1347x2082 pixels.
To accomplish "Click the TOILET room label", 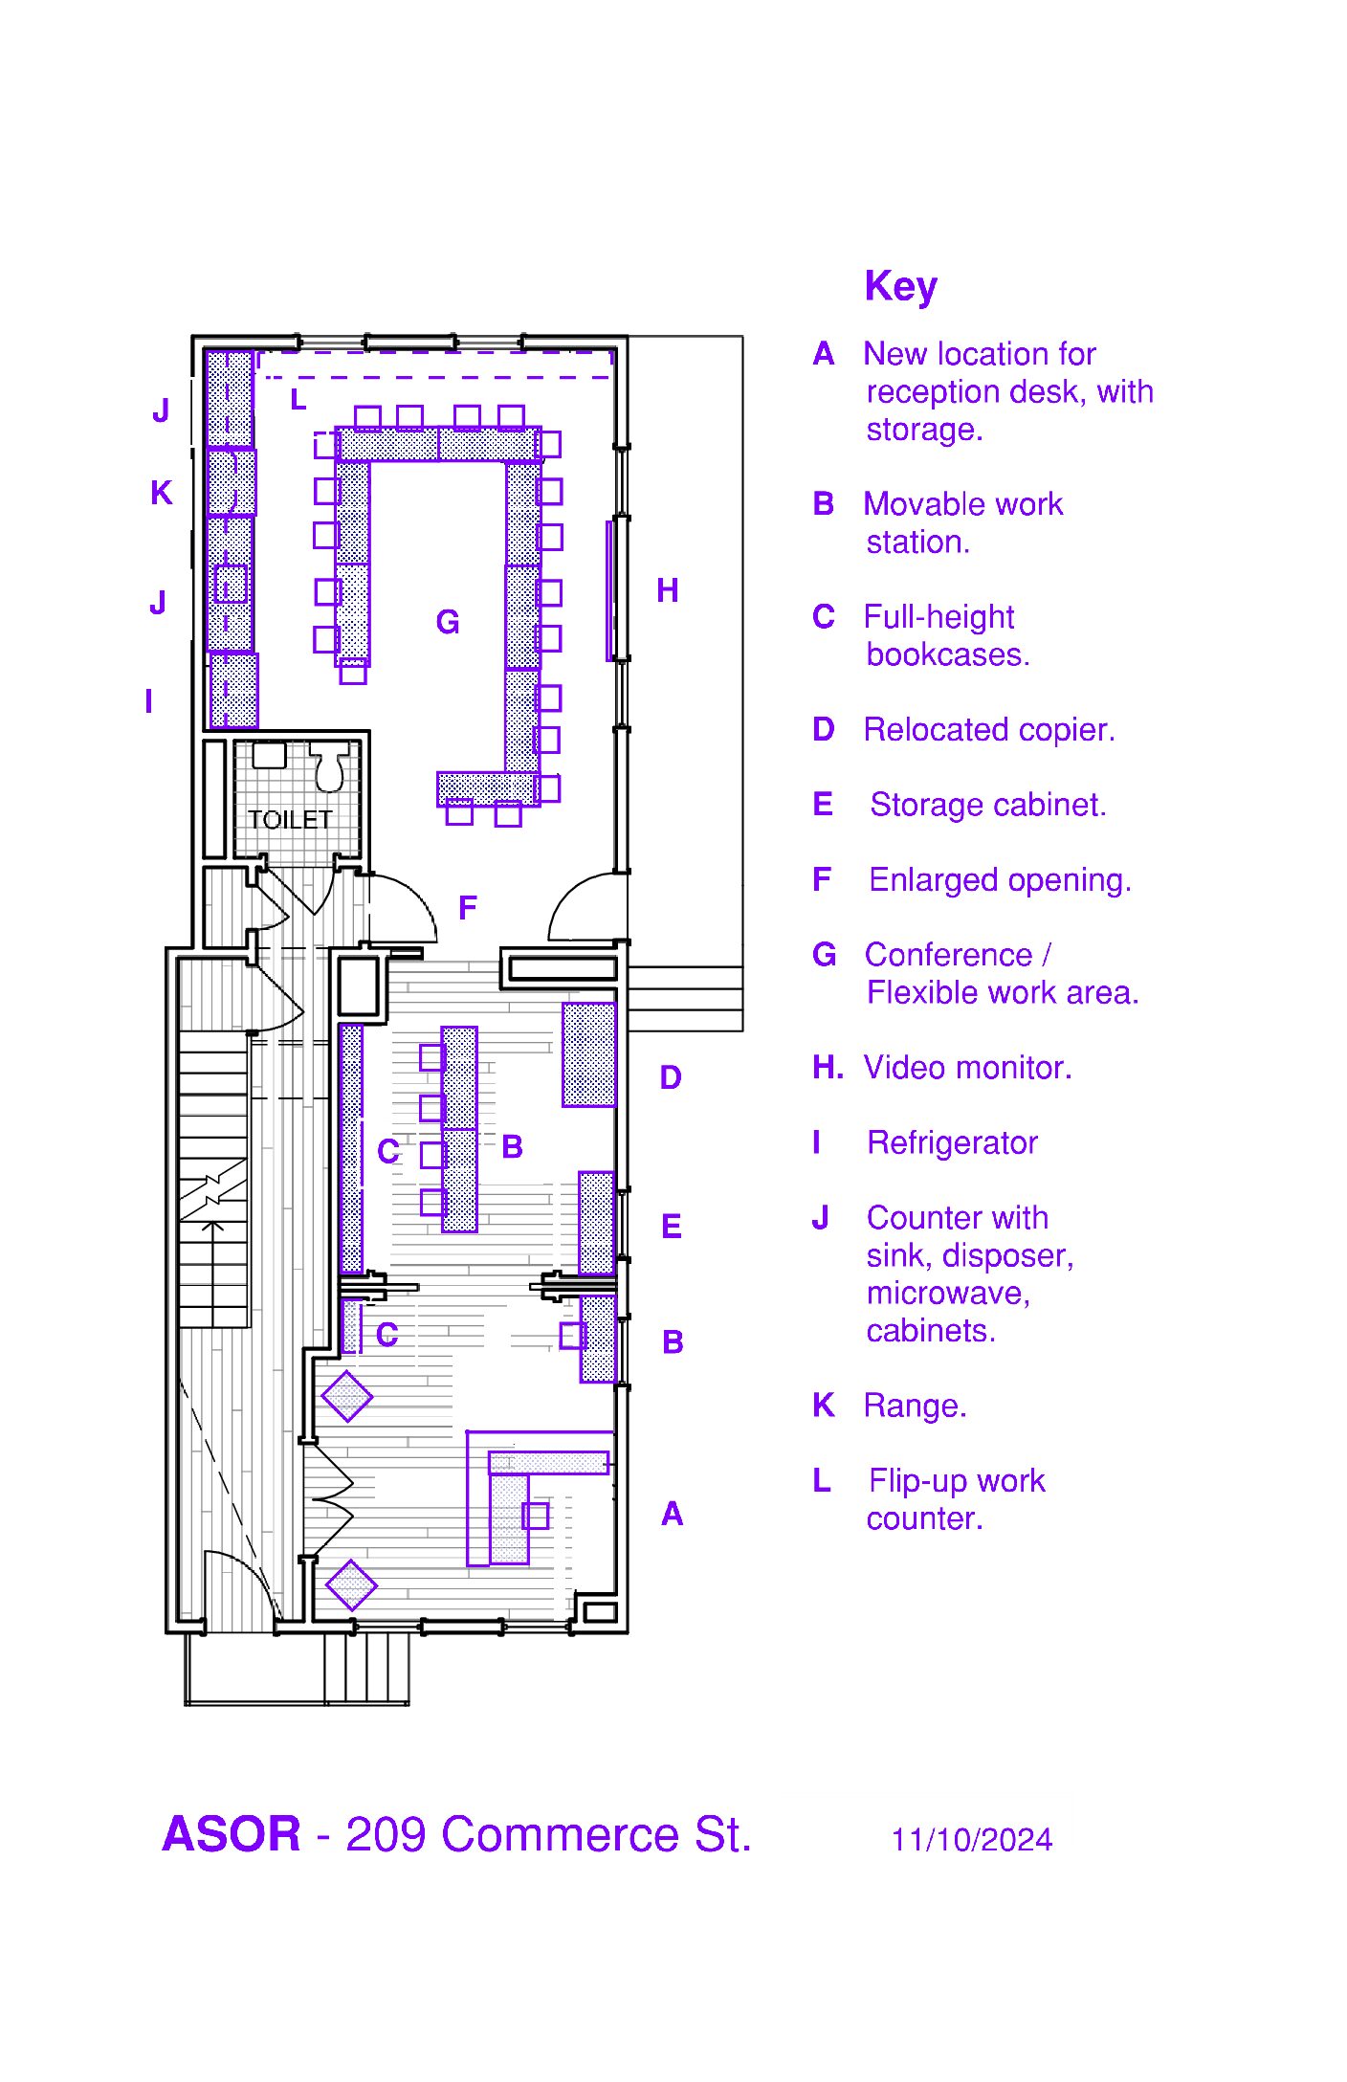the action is coord(290,820).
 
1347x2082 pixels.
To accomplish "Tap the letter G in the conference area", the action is coord(448,622).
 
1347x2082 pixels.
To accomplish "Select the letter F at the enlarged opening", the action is coord(468,907).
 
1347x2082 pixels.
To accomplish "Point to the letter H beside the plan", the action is coord(668,590).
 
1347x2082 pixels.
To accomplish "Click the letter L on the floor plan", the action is coord(298,399).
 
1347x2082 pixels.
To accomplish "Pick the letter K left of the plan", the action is coord(162,493).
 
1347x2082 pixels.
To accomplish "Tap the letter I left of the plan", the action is coord(148,701).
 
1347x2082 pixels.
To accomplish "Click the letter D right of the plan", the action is coord(671,1077).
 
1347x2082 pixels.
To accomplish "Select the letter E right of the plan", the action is coord(672,1227).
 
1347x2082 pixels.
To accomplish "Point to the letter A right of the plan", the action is coord(673,1514).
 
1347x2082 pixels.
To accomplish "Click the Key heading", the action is coord(901,286).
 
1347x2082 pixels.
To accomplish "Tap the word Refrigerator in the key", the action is coord(953,1142).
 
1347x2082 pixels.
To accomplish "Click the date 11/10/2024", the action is coord(972,1840).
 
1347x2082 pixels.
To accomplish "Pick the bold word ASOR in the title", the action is coord(232,1834).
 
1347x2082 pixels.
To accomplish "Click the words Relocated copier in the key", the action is coord(989,730).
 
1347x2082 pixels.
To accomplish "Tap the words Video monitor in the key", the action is coord(967,1068).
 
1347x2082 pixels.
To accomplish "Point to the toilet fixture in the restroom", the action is coord(329,768).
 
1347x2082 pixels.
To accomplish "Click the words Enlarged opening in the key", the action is coord(1001,880).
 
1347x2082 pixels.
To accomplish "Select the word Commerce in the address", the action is coord(562,1834).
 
